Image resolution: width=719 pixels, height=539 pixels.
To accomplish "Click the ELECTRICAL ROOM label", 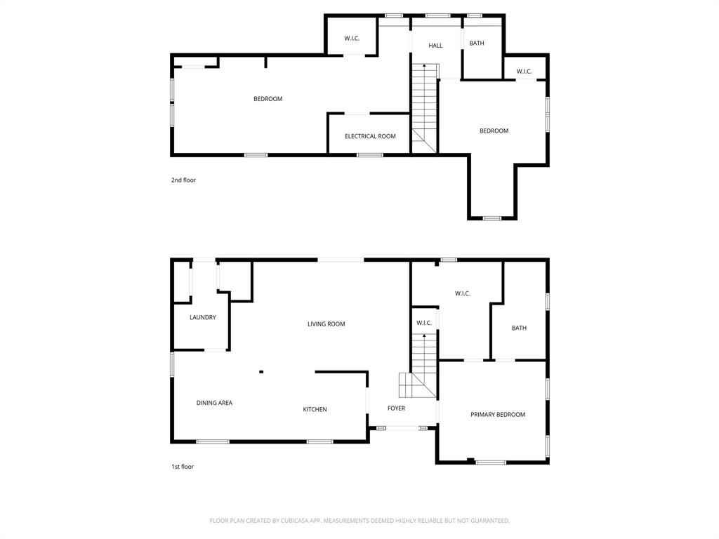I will coord(370,136).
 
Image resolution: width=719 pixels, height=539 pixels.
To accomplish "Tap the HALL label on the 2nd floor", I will coord(435,46).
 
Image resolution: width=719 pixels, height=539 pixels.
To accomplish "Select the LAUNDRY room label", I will coord(203,318).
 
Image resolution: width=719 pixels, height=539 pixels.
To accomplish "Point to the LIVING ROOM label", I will coord(326,324).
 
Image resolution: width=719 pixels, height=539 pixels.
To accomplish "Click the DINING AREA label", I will coord(214,403).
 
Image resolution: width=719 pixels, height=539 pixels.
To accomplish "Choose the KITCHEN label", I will coord(315,409).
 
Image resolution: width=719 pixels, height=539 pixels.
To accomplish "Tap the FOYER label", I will coord(396,408).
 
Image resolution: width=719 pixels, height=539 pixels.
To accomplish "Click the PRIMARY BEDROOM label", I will coord(498,415).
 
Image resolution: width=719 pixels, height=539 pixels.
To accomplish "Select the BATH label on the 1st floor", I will coord(519,328).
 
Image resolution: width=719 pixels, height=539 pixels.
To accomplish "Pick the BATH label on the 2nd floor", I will coord(477,44).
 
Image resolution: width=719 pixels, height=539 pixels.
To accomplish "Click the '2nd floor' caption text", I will coord(183,180).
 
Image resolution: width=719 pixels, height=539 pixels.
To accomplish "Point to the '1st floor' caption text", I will coord(183,467).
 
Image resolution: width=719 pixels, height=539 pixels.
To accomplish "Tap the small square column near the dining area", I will coord(261,372).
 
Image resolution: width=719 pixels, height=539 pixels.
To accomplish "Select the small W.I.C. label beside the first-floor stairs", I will coord(424,324).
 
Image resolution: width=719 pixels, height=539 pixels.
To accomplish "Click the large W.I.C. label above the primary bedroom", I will coord(462,293).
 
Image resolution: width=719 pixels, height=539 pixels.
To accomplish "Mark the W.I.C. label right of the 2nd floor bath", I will coord(524,72).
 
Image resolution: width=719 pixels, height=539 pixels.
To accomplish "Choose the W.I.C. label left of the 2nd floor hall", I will coord(352,39).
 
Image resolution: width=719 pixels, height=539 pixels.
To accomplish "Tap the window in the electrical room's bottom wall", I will coord(370,155).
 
